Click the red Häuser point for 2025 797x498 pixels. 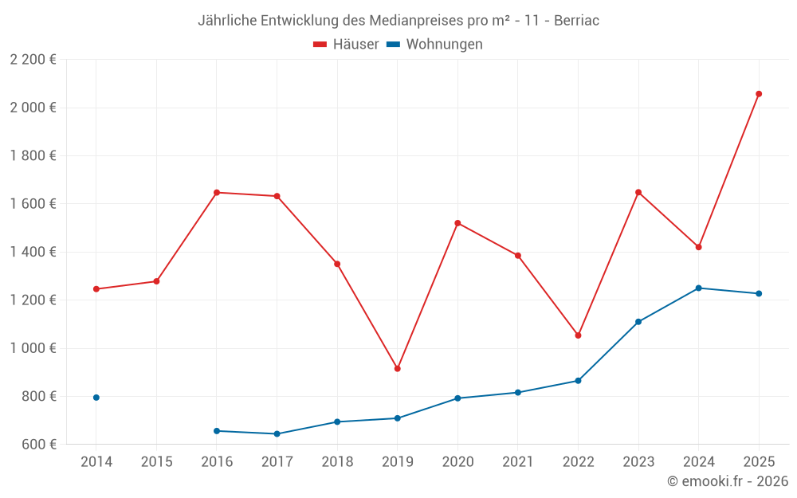[759, 94]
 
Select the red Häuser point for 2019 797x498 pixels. [398, 368]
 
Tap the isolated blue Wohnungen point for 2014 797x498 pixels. [96, 398]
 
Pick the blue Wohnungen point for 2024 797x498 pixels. [698, 288]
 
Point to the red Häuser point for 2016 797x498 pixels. [217, 192]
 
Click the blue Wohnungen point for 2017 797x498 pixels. [277, 433]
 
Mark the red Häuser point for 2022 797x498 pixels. [578, 335]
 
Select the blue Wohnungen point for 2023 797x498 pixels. [638, 322]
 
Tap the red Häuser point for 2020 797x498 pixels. [457, 223]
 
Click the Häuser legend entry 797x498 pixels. [346, 45]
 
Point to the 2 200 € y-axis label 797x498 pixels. [33, 60]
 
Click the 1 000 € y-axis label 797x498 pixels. [33, 348]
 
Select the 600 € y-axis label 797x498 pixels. [38, 444]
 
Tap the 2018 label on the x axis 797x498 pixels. [337, 462]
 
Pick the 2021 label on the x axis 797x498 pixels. [518, 462]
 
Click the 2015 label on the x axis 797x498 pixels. [156, 462]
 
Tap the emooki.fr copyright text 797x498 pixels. [728, 481]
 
